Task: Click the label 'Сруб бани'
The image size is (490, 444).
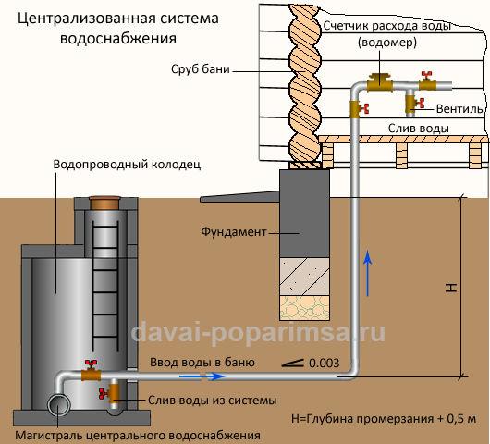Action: coord(200,69)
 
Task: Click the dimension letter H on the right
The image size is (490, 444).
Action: coord(450,288)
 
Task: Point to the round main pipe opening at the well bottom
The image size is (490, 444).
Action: coord(61,405)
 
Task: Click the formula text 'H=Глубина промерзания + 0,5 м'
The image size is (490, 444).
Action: coord(383,417)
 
